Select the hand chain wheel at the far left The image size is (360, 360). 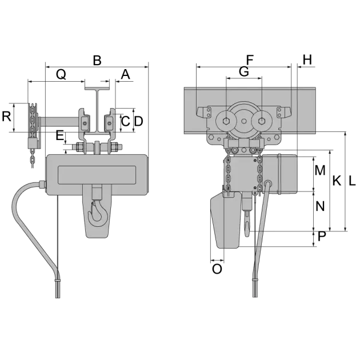click(x=32, y=121)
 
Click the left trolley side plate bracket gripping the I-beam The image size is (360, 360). click(x=85, y=123)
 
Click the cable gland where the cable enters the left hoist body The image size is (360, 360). click(x=42, y=184)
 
